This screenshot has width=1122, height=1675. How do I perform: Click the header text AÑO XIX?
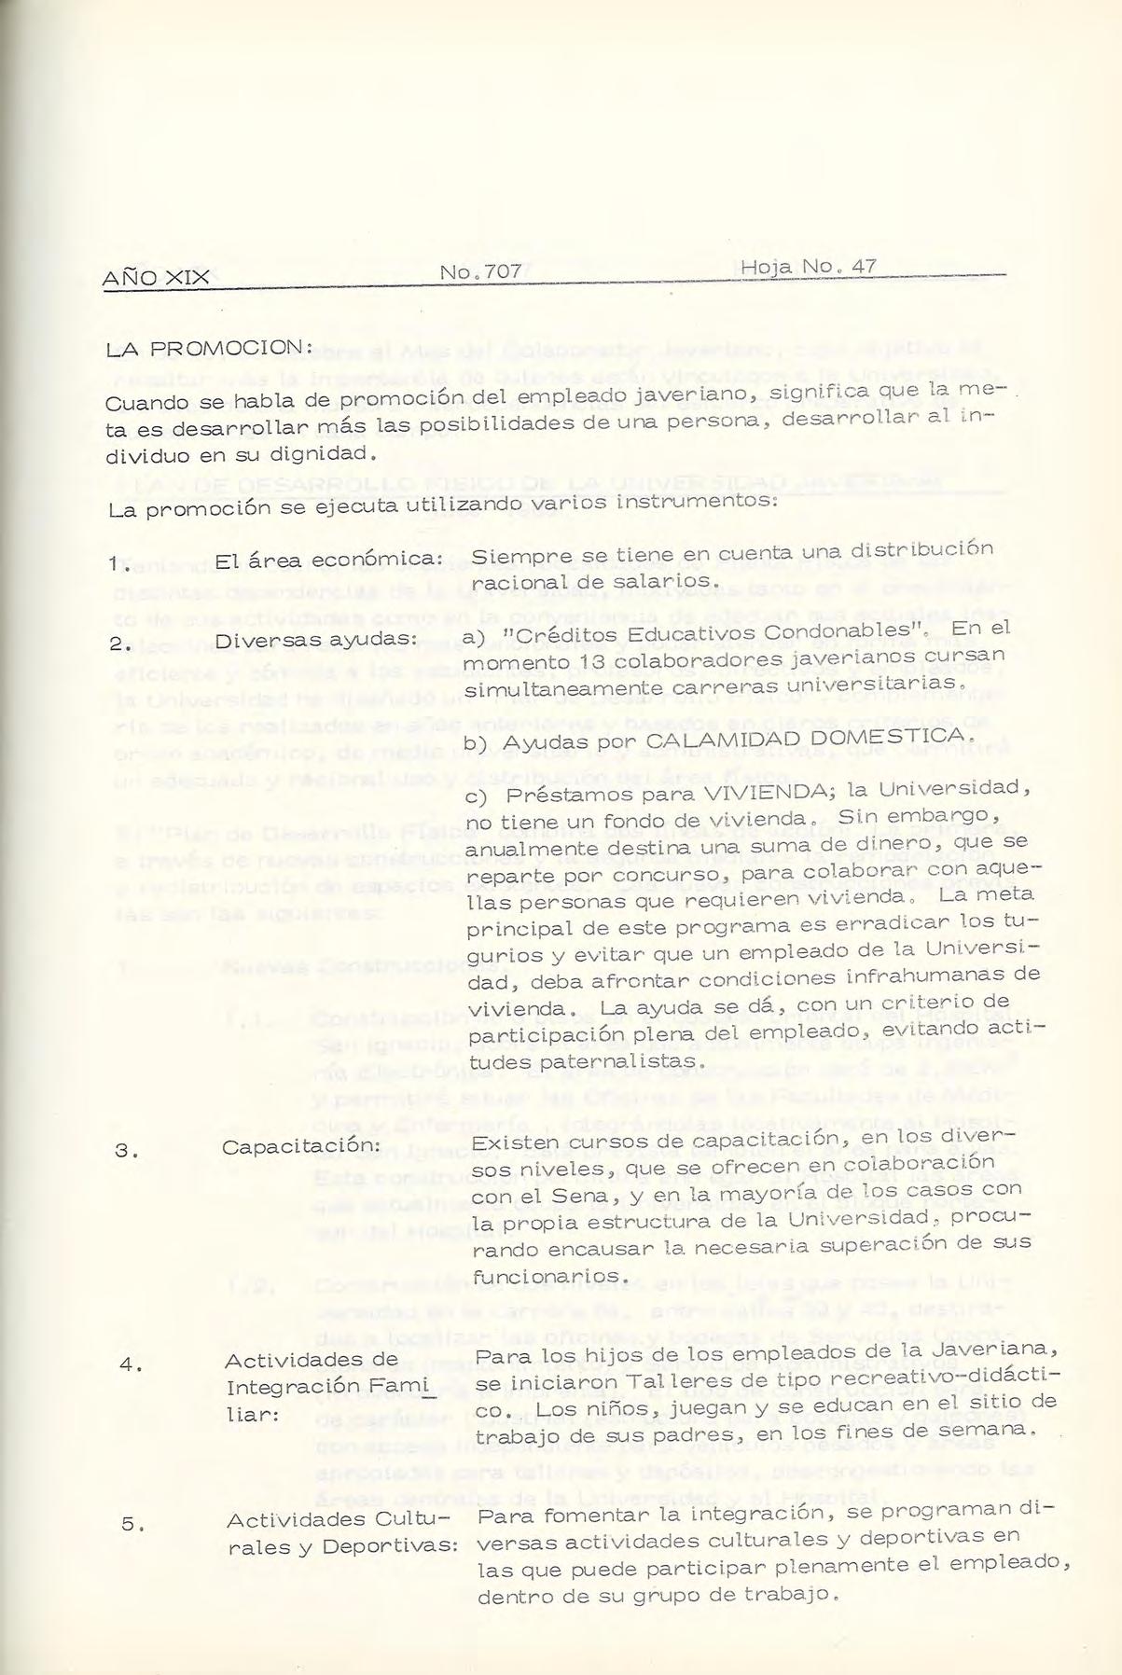[x=156, y=276]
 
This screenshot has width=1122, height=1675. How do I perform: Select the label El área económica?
[x=327, y=560]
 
